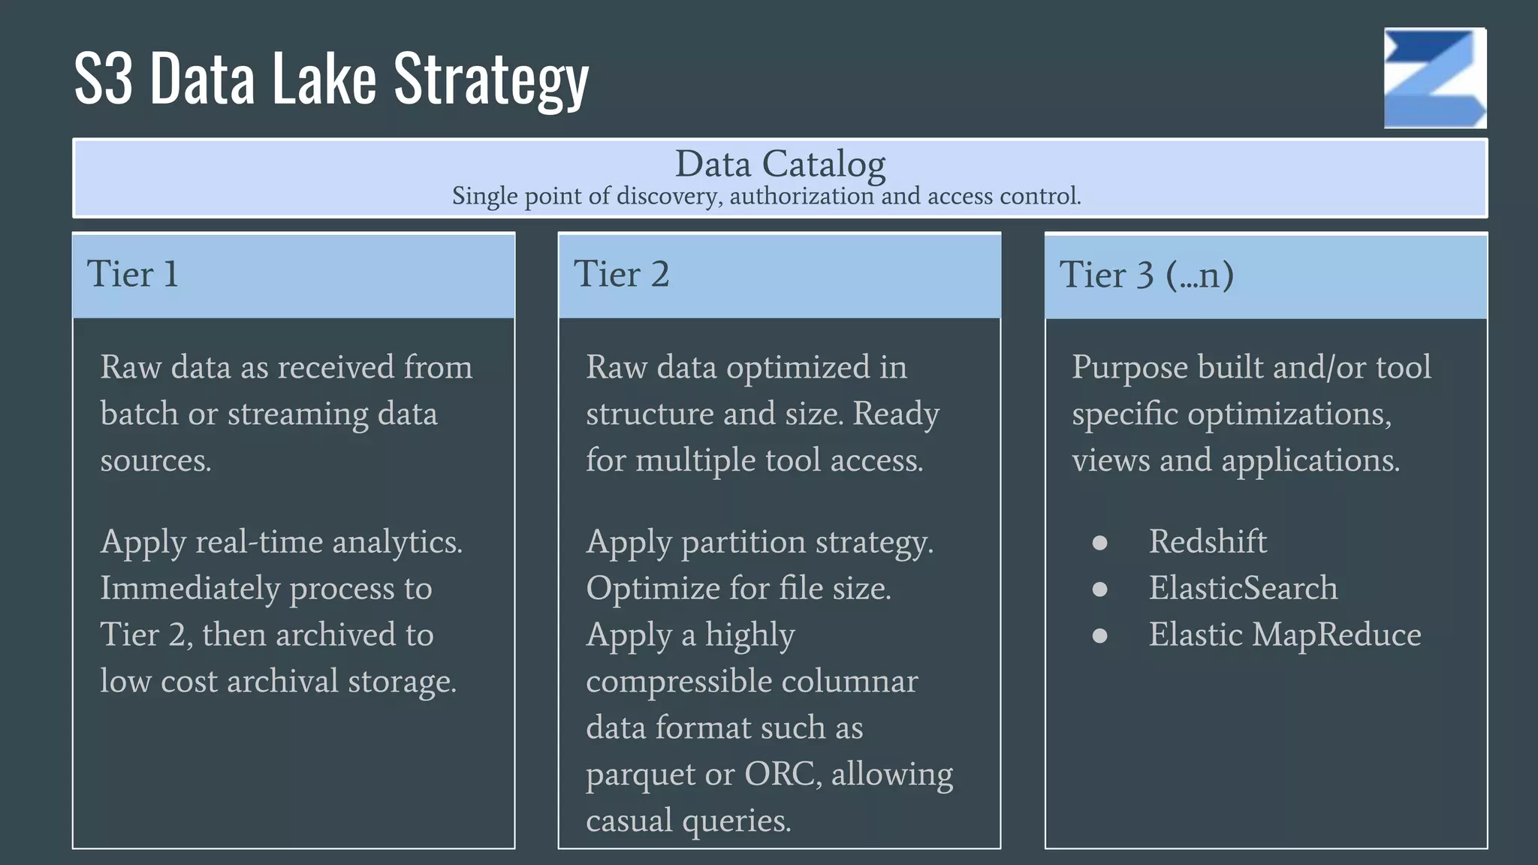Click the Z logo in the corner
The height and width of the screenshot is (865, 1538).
pyautogui.click(x=1435, y=78)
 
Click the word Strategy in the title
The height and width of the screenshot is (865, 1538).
pyautogui.click(x=491, y=80)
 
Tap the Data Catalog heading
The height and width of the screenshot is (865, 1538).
pyautogui.click(x=780, y=164)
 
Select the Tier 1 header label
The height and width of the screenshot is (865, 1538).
pyautogui.click(x=133, y=274)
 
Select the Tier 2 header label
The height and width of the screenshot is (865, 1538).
pyautogui.click(x=621, y=274)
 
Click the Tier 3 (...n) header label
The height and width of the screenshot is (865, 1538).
pyautogui.click(x=1146, y=275)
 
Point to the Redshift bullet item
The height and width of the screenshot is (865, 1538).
pyautogui.click(x=1208, y=541)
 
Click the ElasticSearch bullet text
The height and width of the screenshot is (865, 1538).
pyautogui.click(x=1243, y=588)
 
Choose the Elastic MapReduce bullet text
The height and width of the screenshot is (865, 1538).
pyautogui.click(x=1285, y=634)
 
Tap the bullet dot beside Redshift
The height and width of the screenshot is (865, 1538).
pyautogui.click(x=1099, y=543)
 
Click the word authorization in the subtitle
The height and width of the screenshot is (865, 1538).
pyautogui.click(x=801, y=197)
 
